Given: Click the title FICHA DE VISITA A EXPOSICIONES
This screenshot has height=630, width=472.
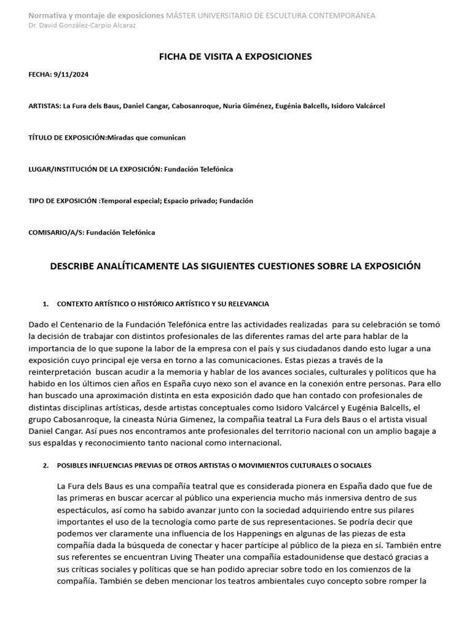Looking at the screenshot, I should tap(235, 57).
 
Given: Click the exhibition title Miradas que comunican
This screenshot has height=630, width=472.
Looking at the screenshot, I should tap(146, 137).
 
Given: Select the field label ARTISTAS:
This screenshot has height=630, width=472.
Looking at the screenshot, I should tap(45, 106).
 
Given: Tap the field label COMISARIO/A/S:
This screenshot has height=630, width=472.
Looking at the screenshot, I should tap(57, 233).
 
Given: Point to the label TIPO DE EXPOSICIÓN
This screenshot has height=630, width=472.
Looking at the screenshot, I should tap(63, 201).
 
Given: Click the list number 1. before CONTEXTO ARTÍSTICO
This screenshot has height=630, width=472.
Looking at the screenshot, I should tap(45, 304).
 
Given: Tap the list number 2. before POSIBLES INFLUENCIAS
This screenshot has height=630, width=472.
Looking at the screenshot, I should tap(45, 466).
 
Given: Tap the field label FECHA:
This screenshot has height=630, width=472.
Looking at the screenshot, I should tap(39, 75).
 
